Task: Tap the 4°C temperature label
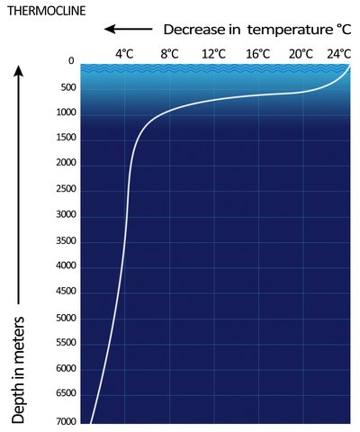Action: coord(124,53)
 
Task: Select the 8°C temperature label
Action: coord(169,53)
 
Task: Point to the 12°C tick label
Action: coord(213,53)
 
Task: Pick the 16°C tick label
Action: coord(257,53)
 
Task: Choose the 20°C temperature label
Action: coord(301,53)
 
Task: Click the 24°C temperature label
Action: coord(339,53)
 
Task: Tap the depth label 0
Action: coord(69,62)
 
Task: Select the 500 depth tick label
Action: coord(66,87)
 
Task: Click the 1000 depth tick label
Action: coord(64,112)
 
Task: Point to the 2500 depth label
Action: coord(64,190)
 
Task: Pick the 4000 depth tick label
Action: coord(64,266)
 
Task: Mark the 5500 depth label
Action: coord(64,344)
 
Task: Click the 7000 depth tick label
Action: coord(64,420)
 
